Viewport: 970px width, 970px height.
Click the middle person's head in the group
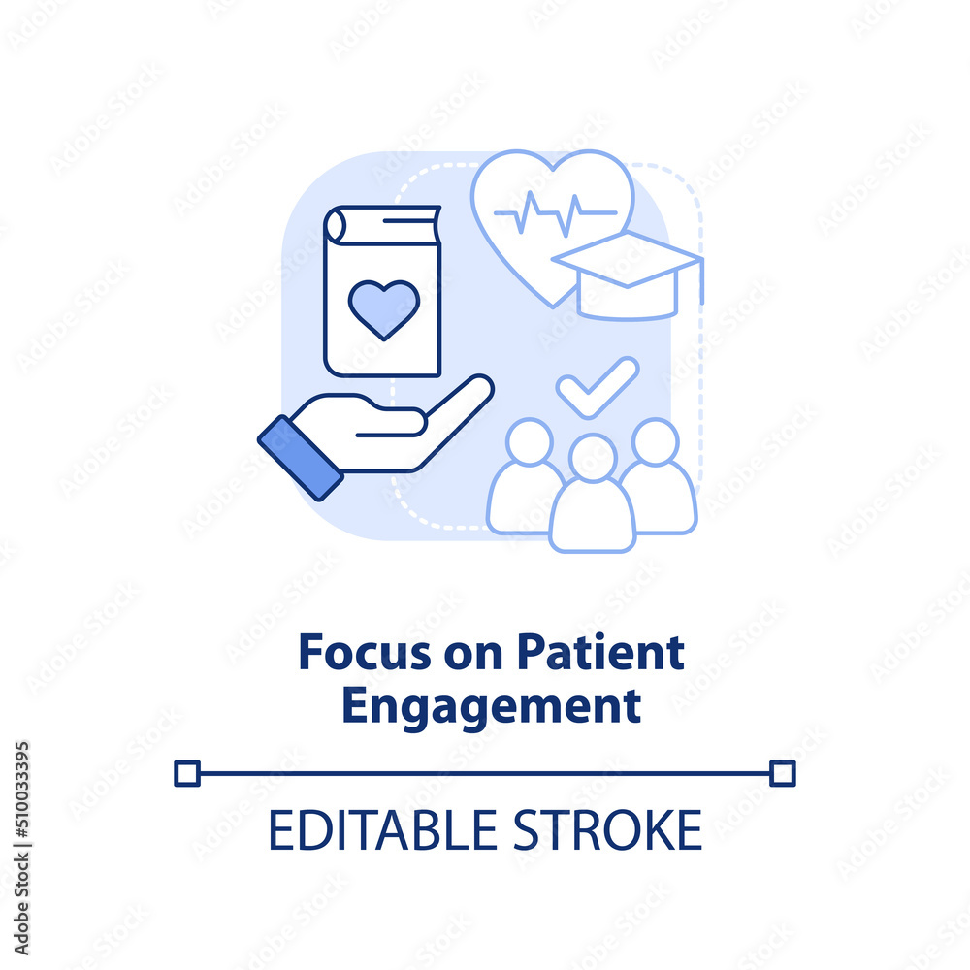[x=593, y=457]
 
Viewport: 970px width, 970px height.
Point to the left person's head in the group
[x=529, y=441]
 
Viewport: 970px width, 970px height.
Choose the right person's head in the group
[x=655, y=441]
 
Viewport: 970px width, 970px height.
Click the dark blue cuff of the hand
[x=301, y=456]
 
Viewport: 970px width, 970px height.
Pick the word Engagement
[x=491, y=707]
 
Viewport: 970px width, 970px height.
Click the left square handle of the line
[x=186, y=773]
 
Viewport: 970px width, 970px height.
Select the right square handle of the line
[x=783, y=773]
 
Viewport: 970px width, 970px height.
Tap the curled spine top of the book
[x=336, y=224]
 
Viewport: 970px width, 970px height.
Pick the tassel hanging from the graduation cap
[x=699, y=281]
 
